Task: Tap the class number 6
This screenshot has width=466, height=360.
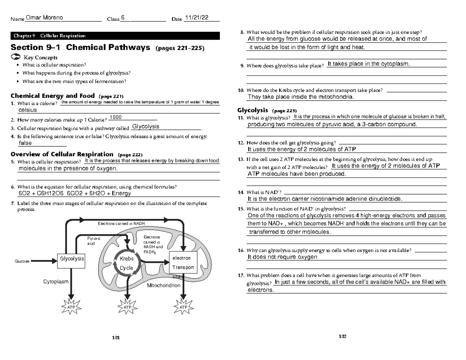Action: click(122, 18)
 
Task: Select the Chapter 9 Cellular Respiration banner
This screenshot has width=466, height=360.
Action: click(115, 36)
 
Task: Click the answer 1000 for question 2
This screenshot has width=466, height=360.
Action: click(116, 118)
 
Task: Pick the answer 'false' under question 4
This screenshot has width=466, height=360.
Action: click(25, 143)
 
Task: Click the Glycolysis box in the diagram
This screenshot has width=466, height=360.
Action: click(71, 259)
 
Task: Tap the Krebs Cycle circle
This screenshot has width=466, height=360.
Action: click(127, 263)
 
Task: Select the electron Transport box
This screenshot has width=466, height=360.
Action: click(183, 263)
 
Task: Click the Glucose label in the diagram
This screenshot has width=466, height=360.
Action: click(22, 261)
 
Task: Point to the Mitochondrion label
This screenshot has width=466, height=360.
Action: click(163, 285)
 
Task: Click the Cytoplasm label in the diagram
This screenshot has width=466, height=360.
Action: click(56, 282)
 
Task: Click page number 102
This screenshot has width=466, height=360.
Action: click(342, 336)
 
